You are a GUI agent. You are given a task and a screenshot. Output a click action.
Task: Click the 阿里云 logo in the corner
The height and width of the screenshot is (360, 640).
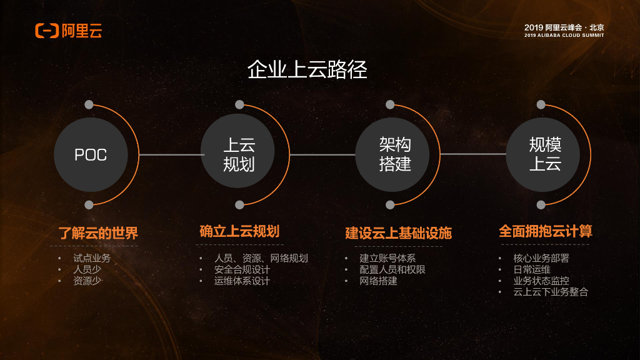point(68,30)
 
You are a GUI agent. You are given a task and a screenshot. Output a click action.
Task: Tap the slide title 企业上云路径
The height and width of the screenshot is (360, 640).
point(307,69)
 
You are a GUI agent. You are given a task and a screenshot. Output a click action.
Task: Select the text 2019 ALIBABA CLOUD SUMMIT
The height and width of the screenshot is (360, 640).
point(564,36)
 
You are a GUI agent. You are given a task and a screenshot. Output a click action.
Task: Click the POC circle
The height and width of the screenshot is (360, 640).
point(91,154)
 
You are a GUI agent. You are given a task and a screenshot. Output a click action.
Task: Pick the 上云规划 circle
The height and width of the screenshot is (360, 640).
point(239,154)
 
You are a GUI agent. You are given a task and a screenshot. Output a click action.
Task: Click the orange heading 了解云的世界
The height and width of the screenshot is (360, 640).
point(98,234)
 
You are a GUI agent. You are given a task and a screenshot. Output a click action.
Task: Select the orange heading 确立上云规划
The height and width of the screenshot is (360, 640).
point(239,231)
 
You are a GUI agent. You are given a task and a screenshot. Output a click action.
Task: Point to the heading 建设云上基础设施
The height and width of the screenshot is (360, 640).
point(398,234)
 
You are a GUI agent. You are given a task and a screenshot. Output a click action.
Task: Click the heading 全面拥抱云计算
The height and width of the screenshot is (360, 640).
point(545,231)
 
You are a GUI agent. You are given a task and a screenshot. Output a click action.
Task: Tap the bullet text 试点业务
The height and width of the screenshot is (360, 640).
point(92,258)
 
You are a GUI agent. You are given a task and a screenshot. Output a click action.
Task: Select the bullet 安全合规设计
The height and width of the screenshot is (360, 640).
point(242,269)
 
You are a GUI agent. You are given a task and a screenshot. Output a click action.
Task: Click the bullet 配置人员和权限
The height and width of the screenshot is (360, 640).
point(392,269)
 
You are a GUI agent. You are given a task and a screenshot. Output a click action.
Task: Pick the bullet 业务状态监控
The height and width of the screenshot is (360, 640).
point(541,281)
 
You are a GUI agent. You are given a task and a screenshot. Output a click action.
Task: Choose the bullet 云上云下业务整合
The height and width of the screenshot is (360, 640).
point(551,292)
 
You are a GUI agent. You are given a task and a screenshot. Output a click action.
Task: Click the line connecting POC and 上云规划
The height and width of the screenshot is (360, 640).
point(164,154)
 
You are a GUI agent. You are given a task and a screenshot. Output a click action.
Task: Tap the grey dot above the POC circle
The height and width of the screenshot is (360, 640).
point(89,104)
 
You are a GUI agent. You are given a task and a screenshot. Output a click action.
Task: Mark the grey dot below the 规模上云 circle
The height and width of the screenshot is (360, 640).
point(541,204)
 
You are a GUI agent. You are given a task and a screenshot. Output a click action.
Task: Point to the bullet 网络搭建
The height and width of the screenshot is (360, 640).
point(378,281)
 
